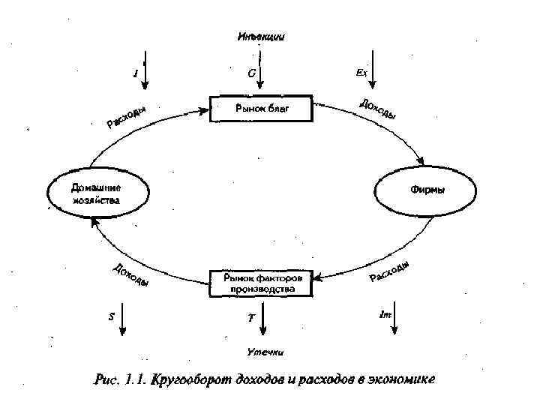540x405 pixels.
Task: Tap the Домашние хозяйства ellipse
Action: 96,193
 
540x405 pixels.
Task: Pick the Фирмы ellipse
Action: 427,190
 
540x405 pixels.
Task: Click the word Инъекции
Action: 261,36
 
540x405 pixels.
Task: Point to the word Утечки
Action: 266,351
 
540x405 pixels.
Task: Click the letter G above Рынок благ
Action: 251,73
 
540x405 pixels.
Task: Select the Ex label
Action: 361,73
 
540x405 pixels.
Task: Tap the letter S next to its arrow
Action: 111,316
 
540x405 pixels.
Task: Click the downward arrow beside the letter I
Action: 146,72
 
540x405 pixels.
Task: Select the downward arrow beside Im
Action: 394,318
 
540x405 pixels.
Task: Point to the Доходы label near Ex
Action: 378,109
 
